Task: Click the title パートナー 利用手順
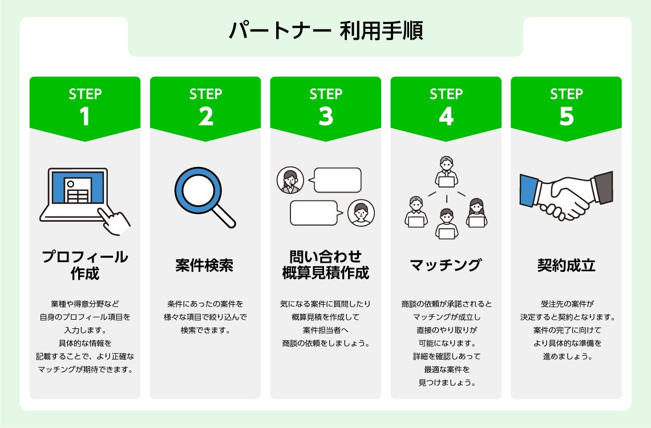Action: click(x=325, y=31)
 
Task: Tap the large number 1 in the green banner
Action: click(x=85, y=116)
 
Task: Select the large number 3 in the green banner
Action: click(x=326, y=116)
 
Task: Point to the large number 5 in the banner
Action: click(x=566, y=116)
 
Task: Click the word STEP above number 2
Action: click(x=205, y=94)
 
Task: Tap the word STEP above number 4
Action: click(x=446, y=94)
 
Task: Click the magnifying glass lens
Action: click(x=197, y=189)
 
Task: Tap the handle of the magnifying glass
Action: click(x=224, y=217)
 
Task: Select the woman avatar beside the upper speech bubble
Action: click(x=290, y=181)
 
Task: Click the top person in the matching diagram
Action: click(x=446, y=172)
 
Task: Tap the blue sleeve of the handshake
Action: click(x=529, y=190)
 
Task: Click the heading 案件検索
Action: click(x=205, y=266)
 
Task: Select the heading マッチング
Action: click(x=446, y=266)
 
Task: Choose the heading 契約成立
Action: click(x=566, y=266)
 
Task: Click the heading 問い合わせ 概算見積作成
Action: click(x=326, y=264)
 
